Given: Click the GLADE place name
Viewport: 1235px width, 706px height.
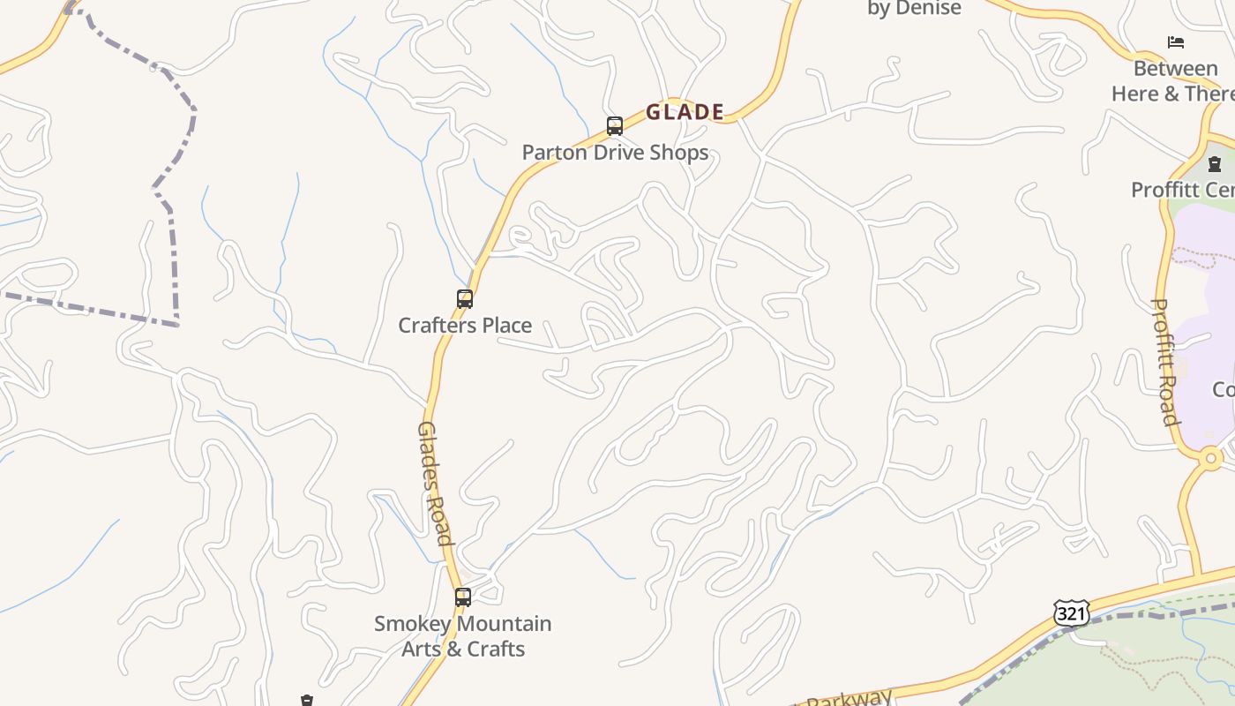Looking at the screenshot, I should pyautogui.click(x=685, y=112).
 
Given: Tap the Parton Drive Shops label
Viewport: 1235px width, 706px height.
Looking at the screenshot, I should pyautogui.click(x=615, y=153).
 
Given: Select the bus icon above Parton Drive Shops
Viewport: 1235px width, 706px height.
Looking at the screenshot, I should pyautogui.click(x=615, y=126).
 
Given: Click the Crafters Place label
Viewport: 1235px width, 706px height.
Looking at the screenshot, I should pyautogui.click(x=465, y=326).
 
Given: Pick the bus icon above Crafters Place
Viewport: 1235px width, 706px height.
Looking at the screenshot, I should pyautogui.click(x=465, y=299).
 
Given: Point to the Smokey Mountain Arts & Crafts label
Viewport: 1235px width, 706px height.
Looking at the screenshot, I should pyautogui.click(x=463, y=636).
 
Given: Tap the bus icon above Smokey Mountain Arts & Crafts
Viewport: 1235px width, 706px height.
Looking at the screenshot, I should pyautogui.click(x=463, y=597).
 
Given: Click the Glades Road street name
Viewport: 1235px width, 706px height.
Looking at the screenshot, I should pyautogui.click(x=434, y=483).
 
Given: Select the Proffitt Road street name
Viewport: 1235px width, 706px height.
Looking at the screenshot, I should pyautogui.click(x=1166, y=362).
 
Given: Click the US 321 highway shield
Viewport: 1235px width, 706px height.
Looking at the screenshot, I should pyautogui.click(x=1071, y=612).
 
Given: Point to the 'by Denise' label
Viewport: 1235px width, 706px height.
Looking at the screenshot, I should pyautogui.click(x=914, y=9).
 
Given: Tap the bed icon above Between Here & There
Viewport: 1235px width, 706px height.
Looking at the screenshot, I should pyautogui.click(x=1175, y=41).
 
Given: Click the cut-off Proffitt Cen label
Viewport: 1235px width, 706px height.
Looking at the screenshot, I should pyautogui.click(x=1182, y=190).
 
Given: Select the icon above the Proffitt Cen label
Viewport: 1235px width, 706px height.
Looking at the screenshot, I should pyautogui.click(x=1215, y=163).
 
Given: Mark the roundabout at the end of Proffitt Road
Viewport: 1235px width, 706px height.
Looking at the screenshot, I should pyautogui.click(x=1210, y=458).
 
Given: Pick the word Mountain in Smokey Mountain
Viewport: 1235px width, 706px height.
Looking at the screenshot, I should pyautogui.click(x=498, y=624).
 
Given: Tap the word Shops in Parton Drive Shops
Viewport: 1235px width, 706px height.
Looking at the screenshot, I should pyautogui.click(x=678, y=153).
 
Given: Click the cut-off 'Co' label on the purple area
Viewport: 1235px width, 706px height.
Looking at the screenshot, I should pyautogui.click(x=1223, y=389).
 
